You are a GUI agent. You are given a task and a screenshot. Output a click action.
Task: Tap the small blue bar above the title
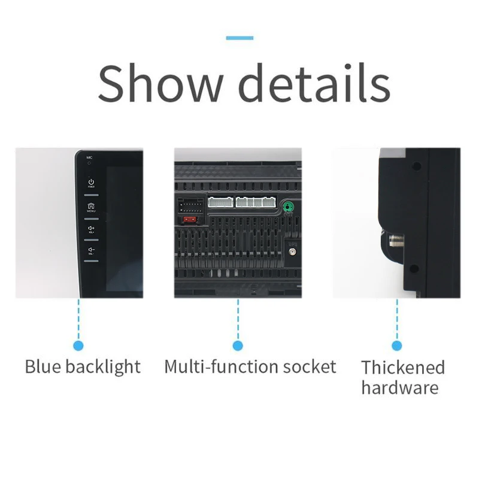coord(239,38)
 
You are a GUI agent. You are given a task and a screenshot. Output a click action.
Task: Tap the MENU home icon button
coord(91,206)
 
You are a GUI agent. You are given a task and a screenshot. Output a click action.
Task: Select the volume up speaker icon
coord(91,229)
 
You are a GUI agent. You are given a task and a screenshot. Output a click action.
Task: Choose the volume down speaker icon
coord(91,250)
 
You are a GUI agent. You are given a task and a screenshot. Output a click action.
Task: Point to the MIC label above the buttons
coord(89,157)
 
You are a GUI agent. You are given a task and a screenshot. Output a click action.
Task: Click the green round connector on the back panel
coord(289,207)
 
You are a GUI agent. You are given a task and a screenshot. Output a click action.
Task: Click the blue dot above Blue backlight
coord(78,345)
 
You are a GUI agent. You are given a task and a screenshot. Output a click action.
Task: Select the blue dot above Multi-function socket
coord(238,345)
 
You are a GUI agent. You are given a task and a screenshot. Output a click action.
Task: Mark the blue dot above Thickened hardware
coord(396,345)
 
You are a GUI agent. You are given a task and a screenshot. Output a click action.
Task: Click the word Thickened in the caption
coord(403,367)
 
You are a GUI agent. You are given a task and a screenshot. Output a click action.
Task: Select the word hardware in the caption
coord(399,387)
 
